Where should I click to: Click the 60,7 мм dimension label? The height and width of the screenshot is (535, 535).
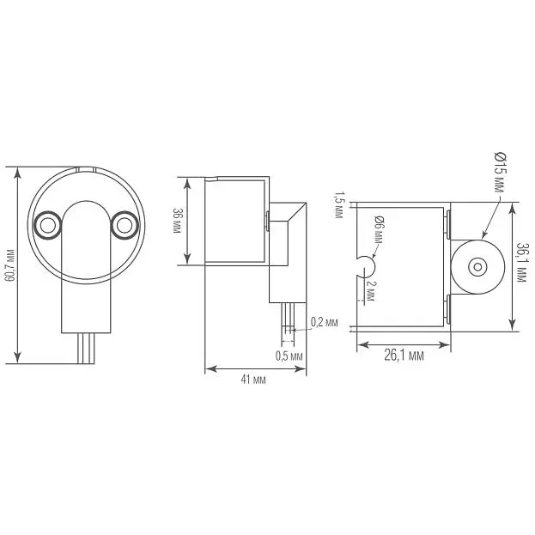(11, 265)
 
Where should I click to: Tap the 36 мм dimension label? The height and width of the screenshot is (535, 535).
(178, 221)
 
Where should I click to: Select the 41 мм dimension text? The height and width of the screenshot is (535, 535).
(253, 380)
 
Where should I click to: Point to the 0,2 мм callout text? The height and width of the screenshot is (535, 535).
(324, 322)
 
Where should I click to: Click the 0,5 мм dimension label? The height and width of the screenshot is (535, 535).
(289, 356)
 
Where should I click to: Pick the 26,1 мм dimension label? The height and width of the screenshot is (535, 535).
(404, 356)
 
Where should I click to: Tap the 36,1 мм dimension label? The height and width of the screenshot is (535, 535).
(521, 262)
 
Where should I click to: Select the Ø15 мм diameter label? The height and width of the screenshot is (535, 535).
(500, 173)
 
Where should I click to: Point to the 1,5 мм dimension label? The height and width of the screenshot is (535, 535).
(338, 204)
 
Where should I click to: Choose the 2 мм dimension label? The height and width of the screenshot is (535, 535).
(370, 291)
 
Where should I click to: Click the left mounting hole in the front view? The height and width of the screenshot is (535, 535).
(48, 225)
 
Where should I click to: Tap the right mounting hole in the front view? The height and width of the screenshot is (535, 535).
(125, 225)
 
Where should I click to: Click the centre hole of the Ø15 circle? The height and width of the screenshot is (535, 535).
(477, 267)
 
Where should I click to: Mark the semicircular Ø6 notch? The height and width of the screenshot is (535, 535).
(367, 266)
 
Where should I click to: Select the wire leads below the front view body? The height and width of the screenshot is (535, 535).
(86, 349)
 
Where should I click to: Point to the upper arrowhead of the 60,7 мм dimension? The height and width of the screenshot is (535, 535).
(17, 173)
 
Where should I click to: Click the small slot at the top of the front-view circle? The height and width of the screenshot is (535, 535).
(85, 169)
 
